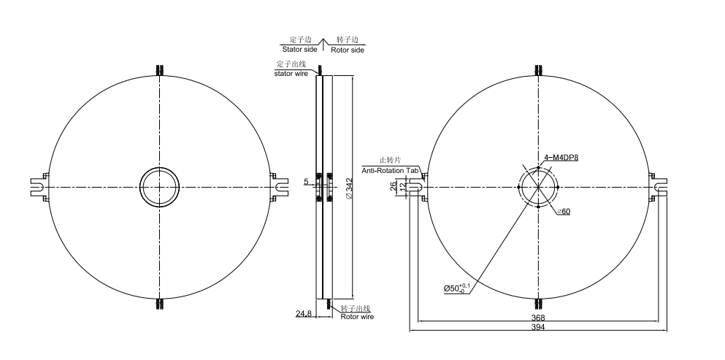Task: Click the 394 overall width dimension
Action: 538,326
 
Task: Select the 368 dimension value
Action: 538,318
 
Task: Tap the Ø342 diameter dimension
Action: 349,189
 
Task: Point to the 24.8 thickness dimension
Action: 303,314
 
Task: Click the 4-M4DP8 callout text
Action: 561,158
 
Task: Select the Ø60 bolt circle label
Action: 564,212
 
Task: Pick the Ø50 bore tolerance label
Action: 457,288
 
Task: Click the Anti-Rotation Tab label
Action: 390,170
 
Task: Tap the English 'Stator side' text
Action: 299,49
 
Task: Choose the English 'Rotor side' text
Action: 348,50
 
